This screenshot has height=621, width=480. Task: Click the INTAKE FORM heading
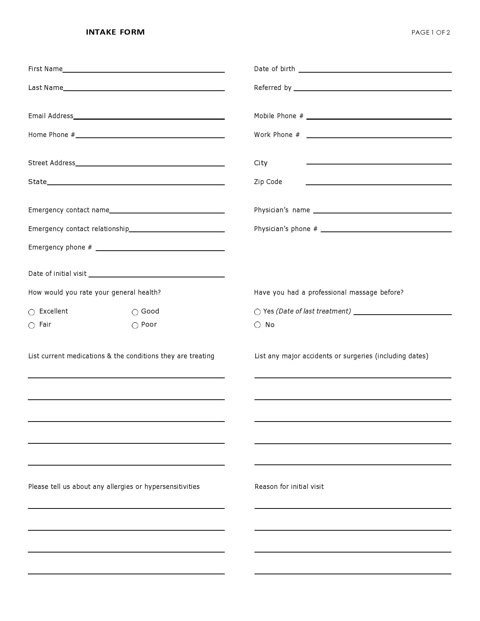pyautogui.click(x=115, y=32)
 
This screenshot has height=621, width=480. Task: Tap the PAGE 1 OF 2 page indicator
pyautogui.click(x=430, y=33)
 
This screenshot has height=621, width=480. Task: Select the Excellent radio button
pyautogui.click(x=32, y=312)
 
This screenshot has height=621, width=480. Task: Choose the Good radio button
pyautogui.click(x=135, y=312)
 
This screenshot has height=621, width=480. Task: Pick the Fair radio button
pyautogui.click(x=32, y=326)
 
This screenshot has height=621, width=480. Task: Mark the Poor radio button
pyautogui.click(x=135, y=326)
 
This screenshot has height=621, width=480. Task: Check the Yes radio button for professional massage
pyautogui.click(x=258, y=312)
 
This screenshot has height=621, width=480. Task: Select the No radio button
pyautogui.click(x=258, y=325)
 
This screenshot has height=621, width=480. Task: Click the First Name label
pyautogui.click(x=45, y=69)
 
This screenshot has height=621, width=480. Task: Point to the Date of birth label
pyautogui.click(x=274, y=69)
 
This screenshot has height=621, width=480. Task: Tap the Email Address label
pyautogui.click(x=51, y=116)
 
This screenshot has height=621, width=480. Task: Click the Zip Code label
pyautogui.click(x=268, y=182)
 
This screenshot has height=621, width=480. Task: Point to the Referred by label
pyautogui.click(x=273, y=88)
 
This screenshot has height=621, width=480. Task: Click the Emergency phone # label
pyautogui.click(x=60, y=247)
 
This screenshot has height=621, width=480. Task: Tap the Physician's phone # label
pyautogui.click(x=286, y=229)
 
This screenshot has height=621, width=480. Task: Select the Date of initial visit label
pyautogui.click(x=57, y=274)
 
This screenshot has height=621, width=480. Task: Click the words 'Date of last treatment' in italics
pyautogui.click(x=313, y=311)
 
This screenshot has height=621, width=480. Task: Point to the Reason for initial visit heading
pyautogui.click(x=289, y=487)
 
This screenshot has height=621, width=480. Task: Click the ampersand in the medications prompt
pyautogui.click(x=109, y=356)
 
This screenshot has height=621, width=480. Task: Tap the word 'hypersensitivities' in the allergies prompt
pyautogui.click(x=172, y=487)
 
